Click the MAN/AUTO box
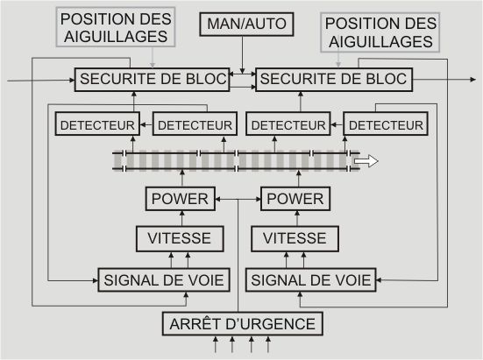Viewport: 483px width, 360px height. tap(246, 24)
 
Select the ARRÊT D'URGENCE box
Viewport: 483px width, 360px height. tap(243, 324)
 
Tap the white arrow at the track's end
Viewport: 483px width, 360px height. tap(366, 161)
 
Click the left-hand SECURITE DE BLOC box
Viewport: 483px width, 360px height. tap(153, 80)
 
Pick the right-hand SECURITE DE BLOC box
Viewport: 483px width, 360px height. tap(334, 80)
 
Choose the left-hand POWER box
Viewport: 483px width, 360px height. tap(181, 199)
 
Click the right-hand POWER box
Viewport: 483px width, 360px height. tap(295, 199)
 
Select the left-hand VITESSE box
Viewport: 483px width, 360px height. tap(180, 239)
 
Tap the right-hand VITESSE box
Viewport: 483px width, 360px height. tap(295, 239)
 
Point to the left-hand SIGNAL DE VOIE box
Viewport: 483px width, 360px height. tap(164, 280)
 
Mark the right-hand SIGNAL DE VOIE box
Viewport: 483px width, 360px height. tap(311, 280)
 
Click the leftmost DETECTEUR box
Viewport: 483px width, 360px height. tap(97, 124)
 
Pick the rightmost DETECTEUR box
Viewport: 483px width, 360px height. tap(386, 124)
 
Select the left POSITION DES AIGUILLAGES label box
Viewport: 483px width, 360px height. tap(116, 27)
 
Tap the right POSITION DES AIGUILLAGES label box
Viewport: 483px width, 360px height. tap(380, 32)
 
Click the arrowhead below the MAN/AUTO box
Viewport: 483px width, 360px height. tap(243, 71)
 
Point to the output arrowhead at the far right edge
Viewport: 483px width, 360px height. tap(473, 80)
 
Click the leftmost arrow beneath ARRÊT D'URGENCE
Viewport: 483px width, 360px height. tap(216, 344)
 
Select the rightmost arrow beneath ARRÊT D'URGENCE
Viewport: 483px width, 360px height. tap(268, 344)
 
